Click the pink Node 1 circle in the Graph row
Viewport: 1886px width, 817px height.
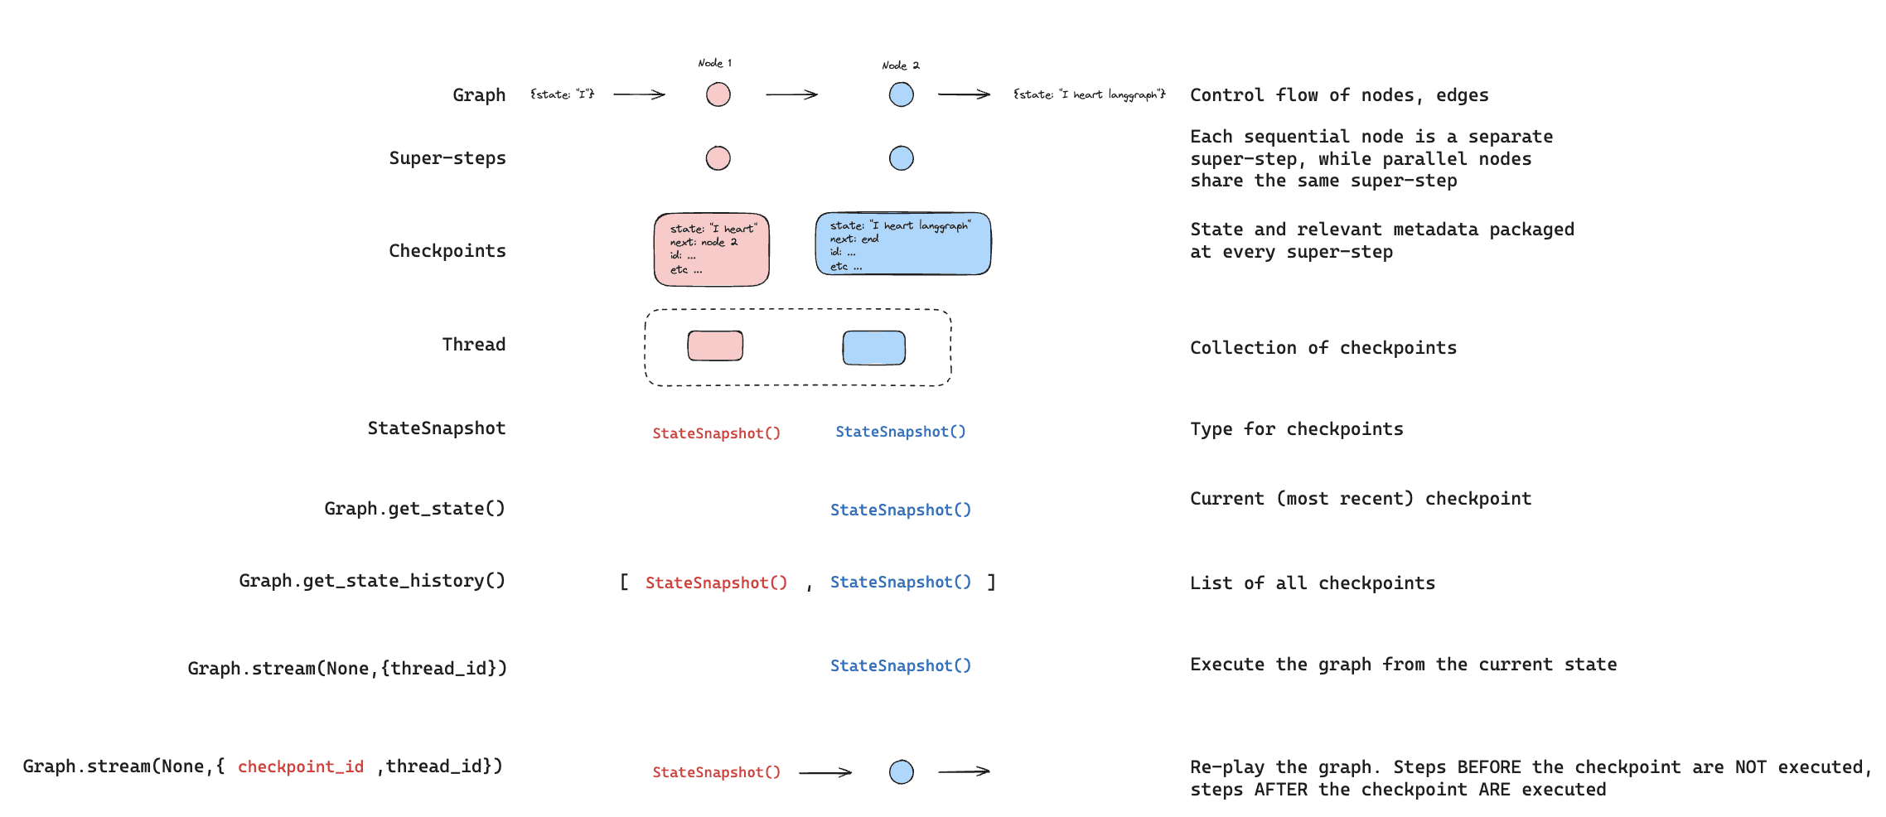[718, 94]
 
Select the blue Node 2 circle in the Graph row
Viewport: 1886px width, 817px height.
[901, 94]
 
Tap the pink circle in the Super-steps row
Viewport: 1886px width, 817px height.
[718, 158]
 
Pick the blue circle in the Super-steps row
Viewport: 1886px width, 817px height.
[901, 158]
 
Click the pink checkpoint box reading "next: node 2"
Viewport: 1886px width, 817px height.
[711, 249]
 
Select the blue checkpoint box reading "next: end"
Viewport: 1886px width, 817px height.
[902, 244]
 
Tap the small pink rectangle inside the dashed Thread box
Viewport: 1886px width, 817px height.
[715, 346]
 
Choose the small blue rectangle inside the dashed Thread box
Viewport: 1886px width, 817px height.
[873, 348]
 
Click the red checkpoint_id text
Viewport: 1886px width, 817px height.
[301, 766]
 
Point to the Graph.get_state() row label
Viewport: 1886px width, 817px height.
[414, 509]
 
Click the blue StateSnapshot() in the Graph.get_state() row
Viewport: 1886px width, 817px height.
[900, 510]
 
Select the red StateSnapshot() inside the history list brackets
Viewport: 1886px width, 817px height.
[716, 583]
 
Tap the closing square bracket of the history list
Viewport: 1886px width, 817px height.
[991, 582]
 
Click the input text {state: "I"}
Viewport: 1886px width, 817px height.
[563, 94]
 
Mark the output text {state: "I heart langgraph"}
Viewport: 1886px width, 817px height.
[1089, 94]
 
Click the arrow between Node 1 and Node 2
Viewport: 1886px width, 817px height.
[791, 94]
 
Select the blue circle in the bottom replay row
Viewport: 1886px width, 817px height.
[901, 772]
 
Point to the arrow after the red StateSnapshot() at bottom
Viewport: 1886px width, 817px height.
[825, 772]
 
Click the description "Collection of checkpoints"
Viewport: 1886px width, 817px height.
[1323, 348]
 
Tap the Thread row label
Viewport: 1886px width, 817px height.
[473, 345]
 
